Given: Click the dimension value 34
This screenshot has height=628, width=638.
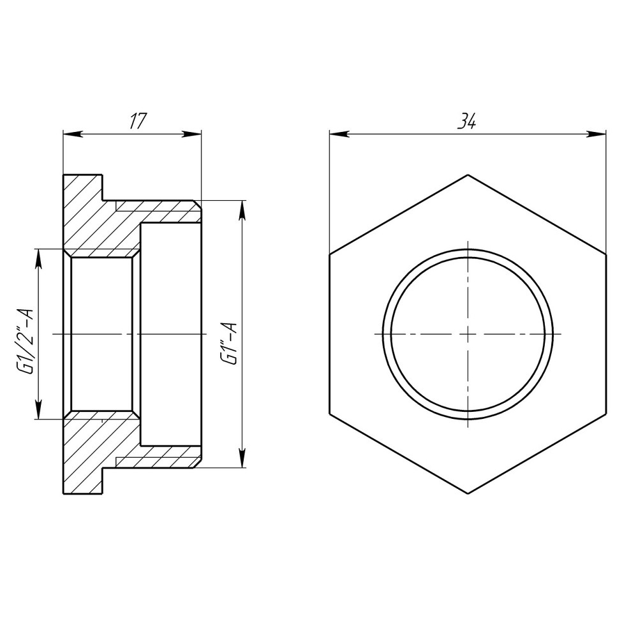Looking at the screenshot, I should pyautogui.click(x=467, y=122).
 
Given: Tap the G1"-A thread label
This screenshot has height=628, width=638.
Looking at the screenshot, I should pyautogui.click(x=229, y=334).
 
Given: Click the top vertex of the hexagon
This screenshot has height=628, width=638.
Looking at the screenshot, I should pyautogui.click(x=468, y=174).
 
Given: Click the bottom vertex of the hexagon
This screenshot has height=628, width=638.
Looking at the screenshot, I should pyautogui.click(x=468, y=493).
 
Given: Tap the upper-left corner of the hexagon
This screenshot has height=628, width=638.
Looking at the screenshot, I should pyautogui.click(x=330, y=254).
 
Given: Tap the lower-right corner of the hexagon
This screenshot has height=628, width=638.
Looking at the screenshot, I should pyautogui.click(x=605, y=414).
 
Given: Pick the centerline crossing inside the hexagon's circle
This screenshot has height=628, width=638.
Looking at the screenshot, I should pyautogui.click(x=468, y=333).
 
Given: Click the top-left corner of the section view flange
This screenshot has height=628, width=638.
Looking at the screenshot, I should pyautogui.click(x=63, y=175).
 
